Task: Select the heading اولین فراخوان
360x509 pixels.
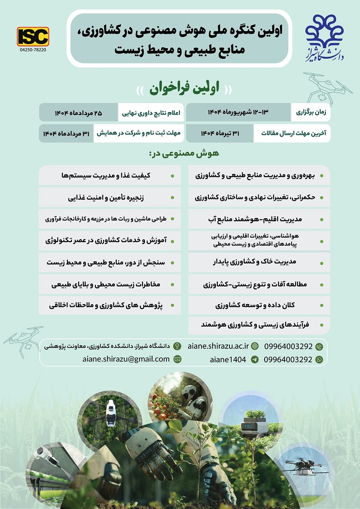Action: click(x=180, y=89)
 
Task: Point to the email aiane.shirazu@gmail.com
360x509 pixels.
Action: click(x=126, y=359)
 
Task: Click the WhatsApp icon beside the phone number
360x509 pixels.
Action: click(x=319, y=360)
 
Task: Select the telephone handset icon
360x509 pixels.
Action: click(x=319, y=347)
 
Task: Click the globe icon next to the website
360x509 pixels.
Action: click(x=255, y=346)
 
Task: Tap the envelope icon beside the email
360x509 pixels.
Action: click(x=177, y=359)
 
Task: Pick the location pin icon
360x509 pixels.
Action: click(x=177, y=346)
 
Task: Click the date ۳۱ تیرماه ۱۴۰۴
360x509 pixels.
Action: click(x=220, y=133)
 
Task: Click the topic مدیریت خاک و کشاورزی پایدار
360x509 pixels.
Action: click(x=258, y=261)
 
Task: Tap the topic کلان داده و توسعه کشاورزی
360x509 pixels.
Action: click(x=258, y=305)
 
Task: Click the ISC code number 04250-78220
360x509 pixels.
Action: click(x=33, y=50)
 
